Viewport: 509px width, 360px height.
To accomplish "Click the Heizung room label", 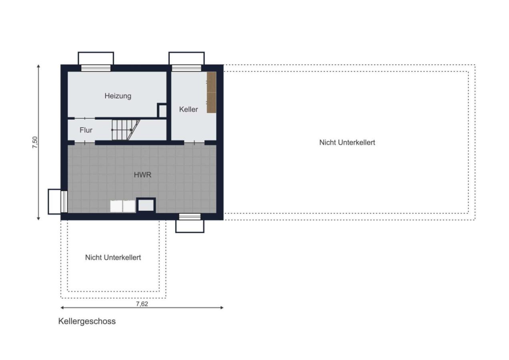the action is click(x=118, y=96).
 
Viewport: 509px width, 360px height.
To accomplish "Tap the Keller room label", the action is click(x=188, y=109).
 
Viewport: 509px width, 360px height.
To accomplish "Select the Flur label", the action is click(x=86, y=130).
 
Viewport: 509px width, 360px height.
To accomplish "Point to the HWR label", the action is click(x=142, y=175).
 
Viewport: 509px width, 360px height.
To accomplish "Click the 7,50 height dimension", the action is click(x=35, y=142).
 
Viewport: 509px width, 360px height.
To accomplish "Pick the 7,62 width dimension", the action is click(x=142, y=304).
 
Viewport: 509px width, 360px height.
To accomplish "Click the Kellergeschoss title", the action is click(x=87, y=321).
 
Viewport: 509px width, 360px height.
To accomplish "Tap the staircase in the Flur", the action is click(x=126, y=130).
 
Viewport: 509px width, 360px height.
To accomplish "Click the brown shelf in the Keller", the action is click(x=211, y=92).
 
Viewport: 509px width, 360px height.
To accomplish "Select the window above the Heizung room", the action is click(x=96, y=68).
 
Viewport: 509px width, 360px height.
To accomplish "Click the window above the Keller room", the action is click(x=186, y=68).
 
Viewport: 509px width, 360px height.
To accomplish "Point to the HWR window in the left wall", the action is click(x=64, y=202).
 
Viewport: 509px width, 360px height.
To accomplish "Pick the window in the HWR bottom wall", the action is click(x=190, y=217).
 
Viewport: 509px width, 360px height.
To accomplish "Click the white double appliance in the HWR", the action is click(x=123, y=206).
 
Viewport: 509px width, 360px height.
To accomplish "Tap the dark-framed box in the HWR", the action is click(x=146, y=205).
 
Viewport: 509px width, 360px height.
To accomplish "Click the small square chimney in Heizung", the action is click(x=162, y=110).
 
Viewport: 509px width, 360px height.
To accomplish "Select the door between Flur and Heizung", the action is click(x=85, y=118).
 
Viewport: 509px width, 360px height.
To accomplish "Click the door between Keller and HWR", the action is click(x=194, y=143).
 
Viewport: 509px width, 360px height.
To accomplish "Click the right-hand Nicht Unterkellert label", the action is click(x=347, y=142).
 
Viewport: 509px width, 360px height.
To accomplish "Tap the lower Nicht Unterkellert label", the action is click(x=113, y=257).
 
